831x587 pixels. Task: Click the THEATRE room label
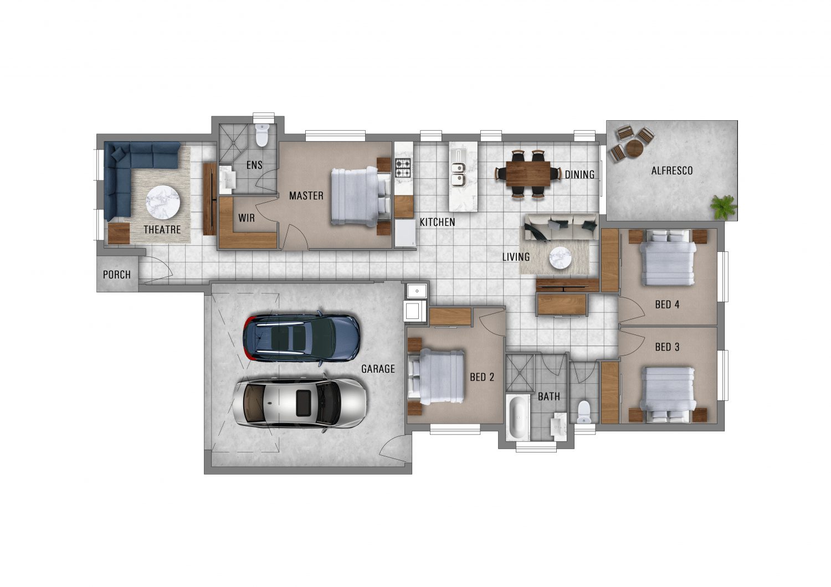pos(162,229)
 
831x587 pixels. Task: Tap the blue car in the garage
pos(301,338)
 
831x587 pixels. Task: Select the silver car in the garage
pos(300,403)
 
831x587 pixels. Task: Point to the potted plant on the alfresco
pos(723,207)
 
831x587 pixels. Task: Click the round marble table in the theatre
pos(163,203)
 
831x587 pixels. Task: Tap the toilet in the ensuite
pos(262,135)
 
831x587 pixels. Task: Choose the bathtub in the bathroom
pos(517,418)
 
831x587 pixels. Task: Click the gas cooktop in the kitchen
pos(403,167)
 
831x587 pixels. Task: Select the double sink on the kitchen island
pos(458,174)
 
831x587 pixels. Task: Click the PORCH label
pos(117,275)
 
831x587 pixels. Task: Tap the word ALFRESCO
pos(672,171)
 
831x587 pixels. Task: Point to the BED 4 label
pos(667,305)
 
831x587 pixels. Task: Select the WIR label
pos(247,218)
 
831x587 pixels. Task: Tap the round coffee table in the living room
pos(560,258)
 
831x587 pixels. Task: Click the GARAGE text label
pos(378,369)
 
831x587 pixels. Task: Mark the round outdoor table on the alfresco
pos(634,148)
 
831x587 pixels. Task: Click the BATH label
pos(548,397)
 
